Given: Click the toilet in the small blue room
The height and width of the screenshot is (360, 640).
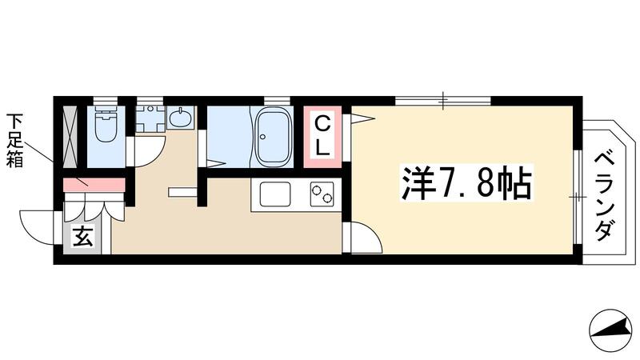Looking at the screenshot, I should pos(106,124).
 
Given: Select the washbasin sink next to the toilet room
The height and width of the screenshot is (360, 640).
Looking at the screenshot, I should pos(182,119).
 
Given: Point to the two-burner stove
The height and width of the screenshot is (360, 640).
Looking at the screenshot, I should pos(322,194).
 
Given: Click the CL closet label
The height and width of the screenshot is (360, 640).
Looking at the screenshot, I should pos(322,135).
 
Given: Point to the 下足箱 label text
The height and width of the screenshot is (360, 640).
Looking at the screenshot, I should pos(15,141).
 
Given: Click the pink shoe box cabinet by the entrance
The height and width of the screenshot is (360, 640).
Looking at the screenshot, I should pos(94,185).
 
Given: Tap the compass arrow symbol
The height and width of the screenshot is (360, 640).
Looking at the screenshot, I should pos(611,328).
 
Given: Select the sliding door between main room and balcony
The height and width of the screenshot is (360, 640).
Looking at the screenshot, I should pos(578,195).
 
